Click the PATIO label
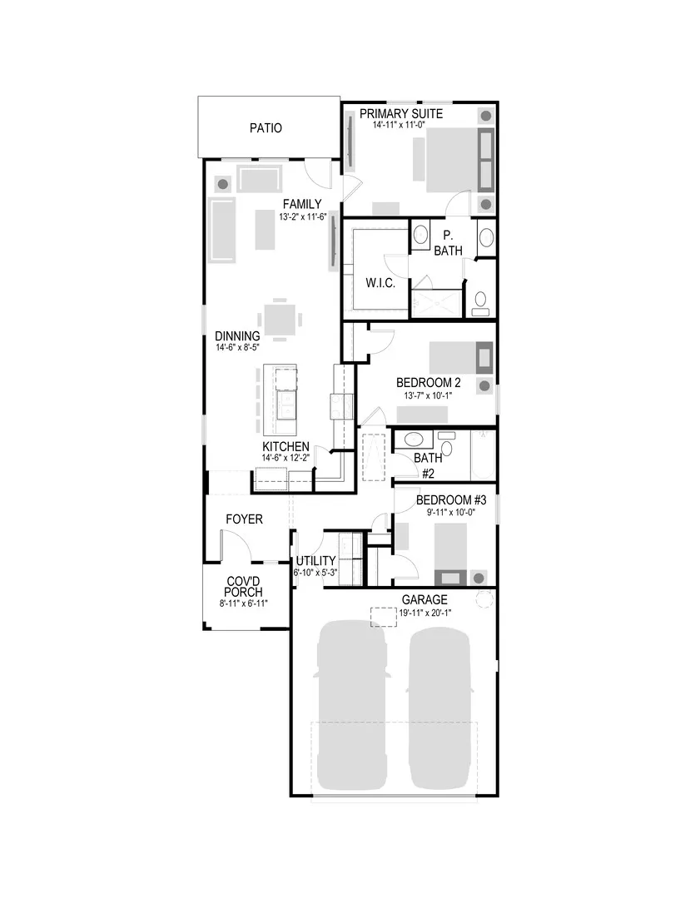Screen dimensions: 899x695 (266, 128)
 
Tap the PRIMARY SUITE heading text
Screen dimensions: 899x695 (401, 113)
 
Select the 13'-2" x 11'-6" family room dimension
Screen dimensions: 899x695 (302, 216)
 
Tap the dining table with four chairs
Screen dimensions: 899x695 (280, 317)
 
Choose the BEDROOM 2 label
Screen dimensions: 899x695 (429, 383)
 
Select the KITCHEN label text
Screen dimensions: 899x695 (286, 447)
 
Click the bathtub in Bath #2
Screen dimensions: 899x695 (482, 455)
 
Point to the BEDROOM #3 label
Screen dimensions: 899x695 (445, 499)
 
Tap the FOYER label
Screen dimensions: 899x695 (244, 519)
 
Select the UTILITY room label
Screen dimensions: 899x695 (315, 560)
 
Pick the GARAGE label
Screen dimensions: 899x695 (424, 599)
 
